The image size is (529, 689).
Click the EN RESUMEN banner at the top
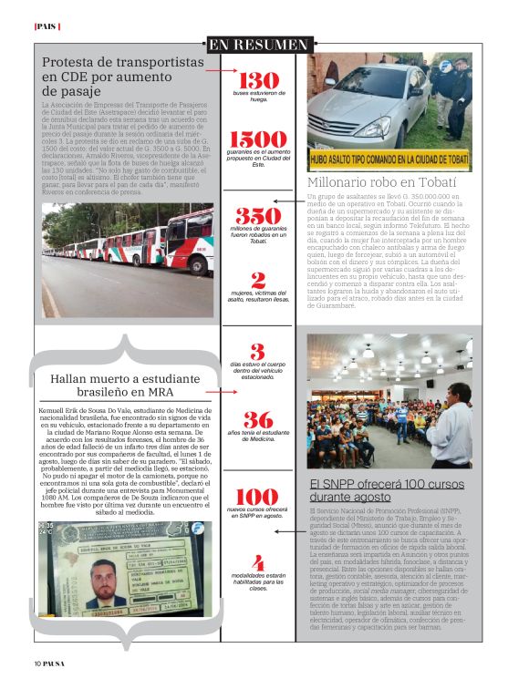coord(258,45)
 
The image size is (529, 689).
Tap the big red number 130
coord(258,80)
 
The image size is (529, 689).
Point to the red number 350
coord(258,216)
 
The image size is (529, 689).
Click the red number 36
coord(258,419)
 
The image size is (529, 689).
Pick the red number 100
coord(258,497)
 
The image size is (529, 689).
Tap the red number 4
coord(259,562)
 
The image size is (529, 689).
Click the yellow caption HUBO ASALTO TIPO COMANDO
coord(389,159)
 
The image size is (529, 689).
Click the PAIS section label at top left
coord(45,26)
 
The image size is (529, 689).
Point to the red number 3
coord(258,351)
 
